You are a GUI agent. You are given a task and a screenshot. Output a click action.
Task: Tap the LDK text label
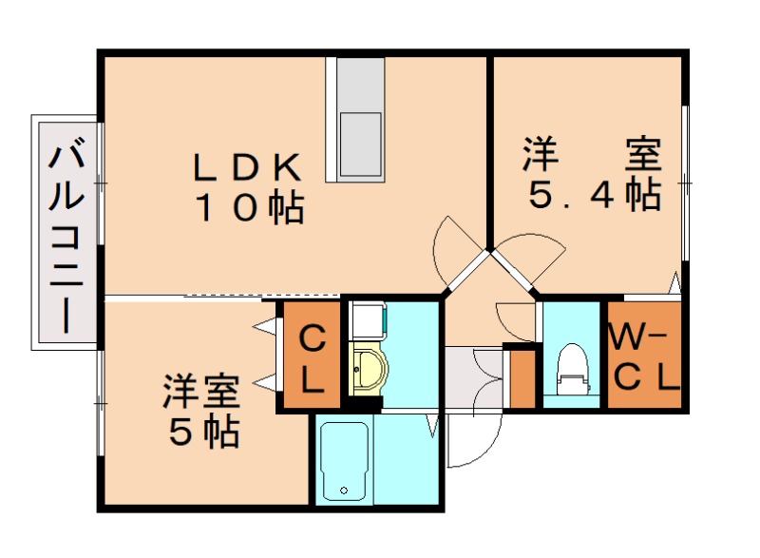(x=248, y=168)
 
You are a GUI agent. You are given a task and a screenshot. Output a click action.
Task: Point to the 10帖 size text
(x=249, y=206)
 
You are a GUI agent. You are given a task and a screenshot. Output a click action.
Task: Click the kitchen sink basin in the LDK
(x=360, y=143)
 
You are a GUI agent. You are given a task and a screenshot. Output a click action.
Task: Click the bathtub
(x=343, y=460)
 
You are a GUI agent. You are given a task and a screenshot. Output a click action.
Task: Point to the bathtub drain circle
(x=343, y=491)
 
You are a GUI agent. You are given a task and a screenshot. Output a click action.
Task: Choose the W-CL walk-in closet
(x=644, y=356)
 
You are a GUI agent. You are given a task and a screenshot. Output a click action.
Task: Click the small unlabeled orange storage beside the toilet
(x=522, y=378)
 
